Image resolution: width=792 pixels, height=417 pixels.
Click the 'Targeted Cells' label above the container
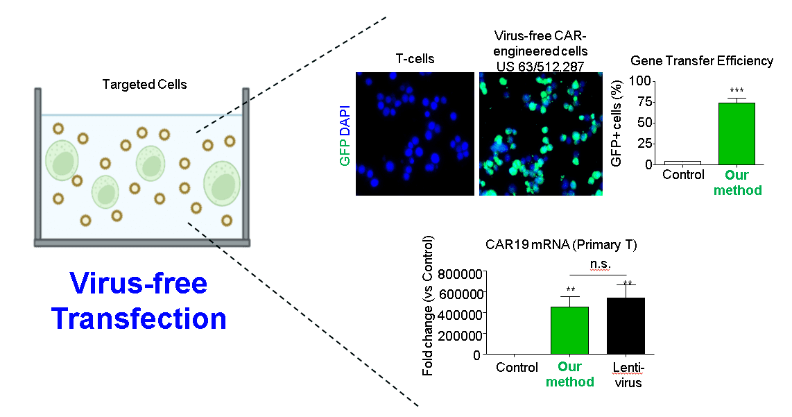[x=144, y=85]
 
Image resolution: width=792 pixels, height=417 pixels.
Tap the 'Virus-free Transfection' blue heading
[x=139, y=300]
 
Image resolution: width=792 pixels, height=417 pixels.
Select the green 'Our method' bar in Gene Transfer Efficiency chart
[x=737, y=134]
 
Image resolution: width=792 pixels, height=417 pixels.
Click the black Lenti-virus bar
[x=626, y=326]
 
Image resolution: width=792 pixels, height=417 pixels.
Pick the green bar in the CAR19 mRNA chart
[x=570, y=330]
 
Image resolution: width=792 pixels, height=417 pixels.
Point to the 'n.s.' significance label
[x=601, y=264]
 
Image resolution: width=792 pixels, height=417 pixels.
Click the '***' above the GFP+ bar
[x=737, y=90]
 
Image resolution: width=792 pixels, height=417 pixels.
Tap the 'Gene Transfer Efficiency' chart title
[x=702, y=61]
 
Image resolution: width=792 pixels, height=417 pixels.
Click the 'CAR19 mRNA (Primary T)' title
[x=561, y=245]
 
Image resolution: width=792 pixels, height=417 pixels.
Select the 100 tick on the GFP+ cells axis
[x=640, y=81]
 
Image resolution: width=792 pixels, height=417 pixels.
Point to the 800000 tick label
[x=460, y=274]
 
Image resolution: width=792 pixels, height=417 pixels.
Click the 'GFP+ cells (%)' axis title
[x=617, y=124]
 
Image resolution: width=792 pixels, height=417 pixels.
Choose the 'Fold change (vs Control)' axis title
[x=428, y=305]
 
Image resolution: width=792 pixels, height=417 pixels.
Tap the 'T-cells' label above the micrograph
[x=415, y=59]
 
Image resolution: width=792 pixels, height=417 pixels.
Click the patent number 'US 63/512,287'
[x=540, y=66]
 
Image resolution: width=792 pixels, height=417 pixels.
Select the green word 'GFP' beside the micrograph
[x=345, y=153]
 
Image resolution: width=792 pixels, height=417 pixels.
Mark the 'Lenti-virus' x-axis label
[x=628, y=375]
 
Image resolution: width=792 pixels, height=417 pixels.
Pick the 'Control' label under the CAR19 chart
[x=517, y=368]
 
